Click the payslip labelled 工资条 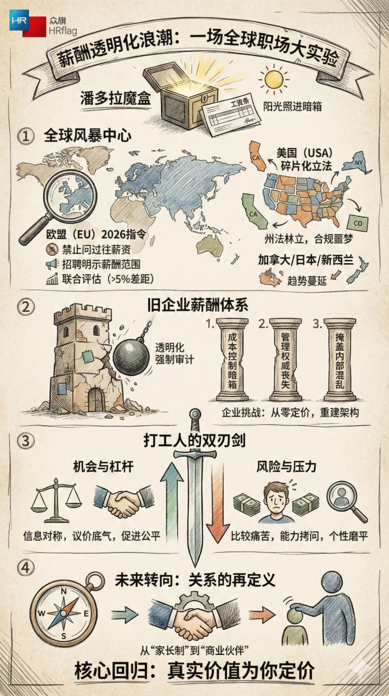pos(231,116)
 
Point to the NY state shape pos(357,162)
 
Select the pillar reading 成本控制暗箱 pos(232,360)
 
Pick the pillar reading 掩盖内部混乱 pos(340,360)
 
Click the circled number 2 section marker pos(25,306)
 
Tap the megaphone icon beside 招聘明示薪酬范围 pos(52,264)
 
